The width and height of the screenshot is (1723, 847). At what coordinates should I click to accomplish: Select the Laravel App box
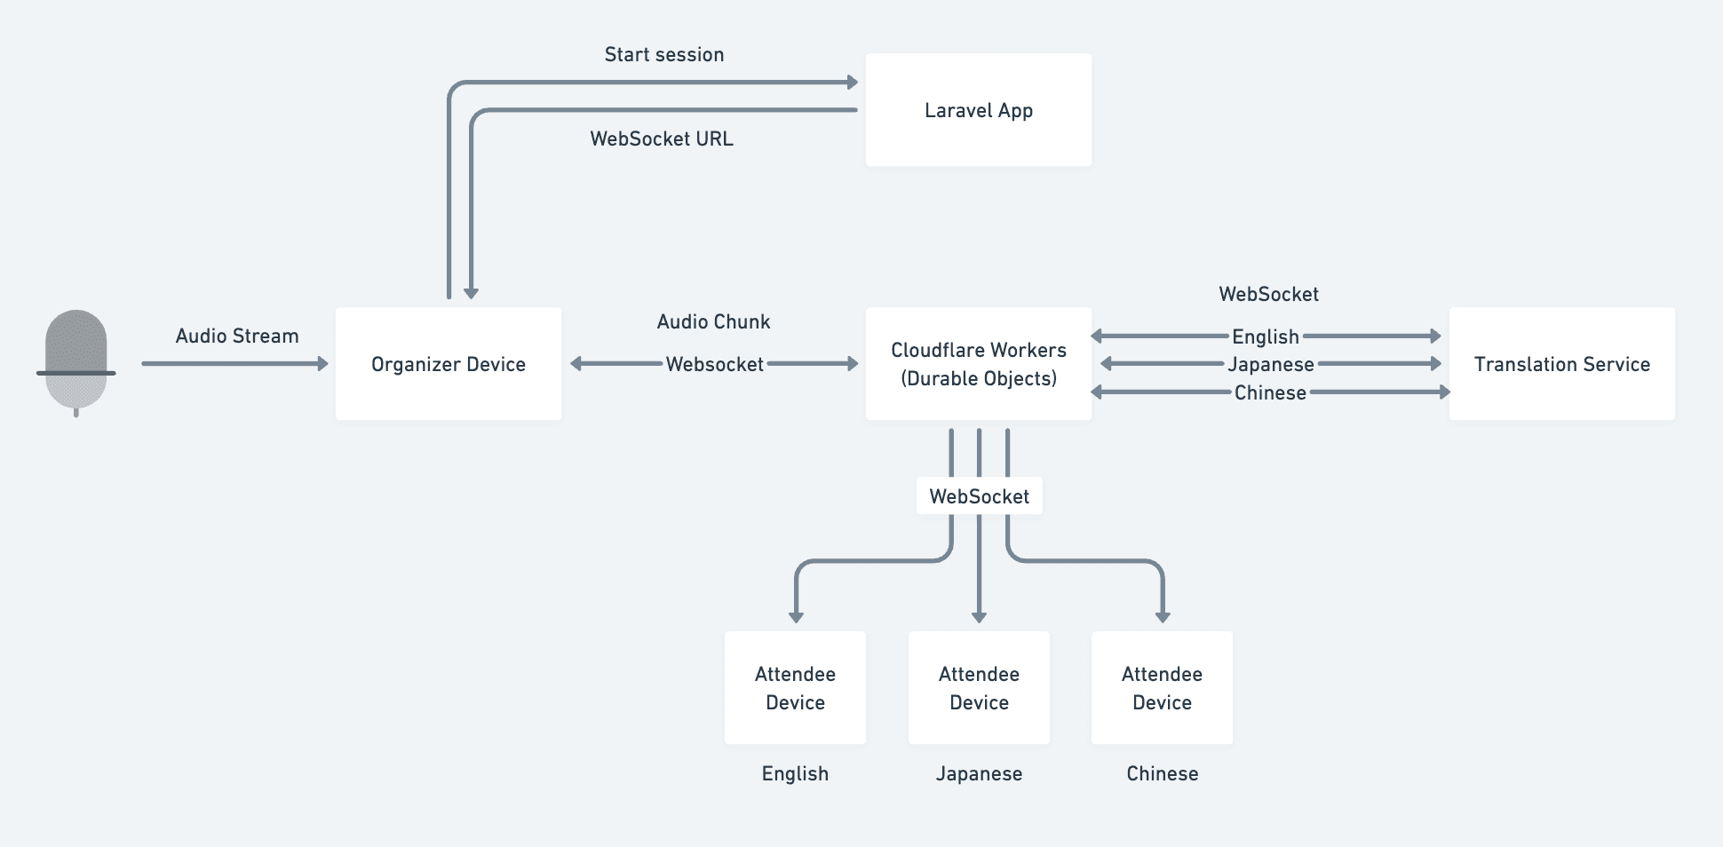click(x=978, y=110)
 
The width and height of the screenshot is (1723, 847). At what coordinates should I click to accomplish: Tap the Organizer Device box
click(x=448, y=364)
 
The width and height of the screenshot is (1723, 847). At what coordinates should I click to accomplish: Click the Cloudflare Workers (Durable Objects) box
click(x=978, y=364)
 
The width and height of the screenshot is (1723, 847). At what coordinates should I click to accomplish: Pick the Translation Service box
click(x=1561, y=364)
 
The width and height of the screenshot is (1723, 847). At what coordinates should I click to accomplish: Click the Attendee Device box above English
click(x=795, y=688)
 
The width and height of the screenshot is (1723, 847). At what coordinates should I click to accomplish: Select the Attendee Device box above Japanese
click(x=979, y=688)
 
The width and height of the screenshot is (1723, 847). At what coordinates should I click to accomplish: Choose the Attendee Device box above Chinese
click(x=1162, y=688)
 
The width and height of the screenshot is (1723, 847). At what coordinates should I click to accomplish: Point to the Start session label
click(x=664, y=55)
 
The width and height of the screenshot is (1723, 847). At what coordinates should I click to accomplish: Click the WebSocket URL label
click(x=662, y=139)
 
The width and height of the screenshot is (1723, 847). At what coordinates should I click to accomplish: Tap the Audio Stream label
click(x=237, y=336)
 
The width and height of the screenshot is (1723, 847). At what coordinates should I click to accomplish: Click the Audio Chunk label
click(x=713, y=322)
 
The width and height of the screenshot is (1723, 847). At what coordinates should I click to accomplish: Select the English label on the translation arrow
click(x=1265, y=337)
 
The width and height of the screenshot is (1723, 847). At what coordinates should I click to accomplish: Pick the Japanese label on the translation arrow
click(x=1270, y=365)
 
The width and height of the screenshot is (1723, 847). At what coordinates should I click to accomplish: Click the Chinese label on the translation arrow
click(x=1270, y=393)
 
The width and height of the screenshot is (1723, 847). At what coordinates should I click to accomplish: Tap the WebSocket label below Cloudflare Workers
click(x=979, y=496)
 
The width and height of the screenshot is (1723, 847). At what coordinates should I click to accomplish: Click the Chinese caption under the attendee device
click(x=1162, y=774)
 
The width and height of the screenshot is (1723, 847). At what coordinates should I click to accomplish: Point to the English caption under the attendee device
click(x=795, y=774)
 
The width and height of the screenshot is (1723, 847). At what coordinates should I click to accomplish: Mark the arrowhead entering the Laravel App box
click(x=853, y=83)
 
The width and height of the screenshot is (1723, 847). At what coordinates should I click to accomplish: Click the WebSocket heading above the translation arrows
click(x=1268, y=295)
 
